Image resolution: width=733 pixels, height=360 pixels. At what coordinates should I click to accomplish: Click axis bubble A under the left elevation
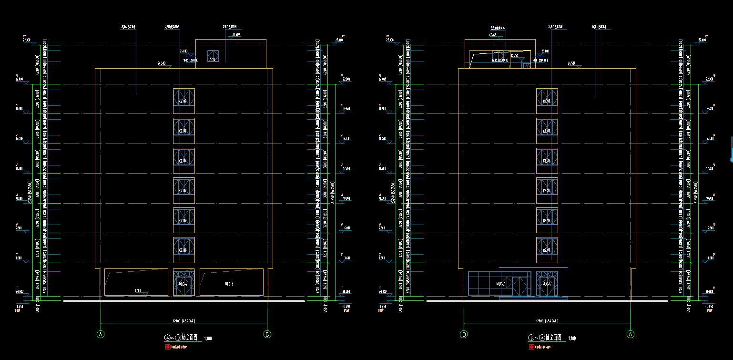(x=101, y=334)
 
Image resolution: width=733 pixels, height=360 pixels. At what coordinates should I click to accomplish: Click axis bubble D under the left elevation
(x=267, y=334)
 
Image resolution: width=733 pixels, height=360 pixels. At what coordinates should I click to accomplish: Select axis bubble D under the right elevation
(x=464, y=334)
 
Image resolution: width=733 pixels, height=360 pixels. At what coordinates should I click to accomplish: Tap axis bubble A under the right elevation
(x=631, y=334)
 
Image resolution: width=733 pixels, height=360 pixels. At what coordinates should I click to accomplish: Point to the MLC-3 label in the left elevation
(x=229, y=284)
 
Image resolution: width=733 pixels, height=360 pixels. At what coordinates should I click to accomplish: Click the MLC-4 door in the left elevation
(x=183, y=283)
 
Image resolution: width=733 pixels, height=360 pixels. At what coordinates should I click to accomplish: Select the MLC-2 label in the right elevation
(x=500, y=284)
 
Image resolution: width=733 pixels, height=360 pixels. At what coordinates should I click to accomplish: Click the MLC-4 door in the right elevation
(x=547, y=283)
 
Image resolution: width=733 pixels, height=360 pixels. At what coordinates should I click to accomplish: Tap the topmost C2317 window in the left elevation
(x=183, y=101)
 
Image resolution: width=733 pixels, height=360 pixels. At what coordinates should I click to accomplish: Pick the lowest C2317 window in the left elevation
(x=183, y=250)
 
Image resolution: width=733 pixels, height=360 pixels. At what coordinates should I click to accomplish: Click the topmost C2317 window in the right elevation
(x=547, y=101)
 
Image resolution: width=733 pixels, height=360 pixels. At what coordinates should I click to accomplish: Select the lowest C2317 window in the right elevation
(x=547, y=250)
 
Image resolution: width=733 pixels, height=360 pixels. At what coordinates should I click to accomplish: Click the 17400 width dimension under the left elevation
(x=183, y=320)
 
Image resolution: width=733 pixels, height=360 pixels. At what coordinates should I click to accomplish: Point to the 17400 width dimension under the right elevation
(x=547, y=320)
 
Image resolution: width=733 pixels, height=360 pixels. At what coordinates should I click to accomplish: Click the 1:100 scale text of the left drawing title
(x=208, y=339)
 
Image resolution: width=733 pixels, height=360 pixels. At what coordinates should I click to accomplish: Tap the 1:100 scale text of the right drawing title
(x=571, y=339)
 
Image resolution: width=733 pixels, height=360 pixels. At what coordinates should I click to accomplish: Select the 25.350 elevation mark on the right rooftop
(x=515, y=56)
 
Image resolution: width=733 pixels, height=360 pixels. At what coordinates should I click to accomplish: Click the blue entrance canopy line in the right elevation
(x=533, y=267)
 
